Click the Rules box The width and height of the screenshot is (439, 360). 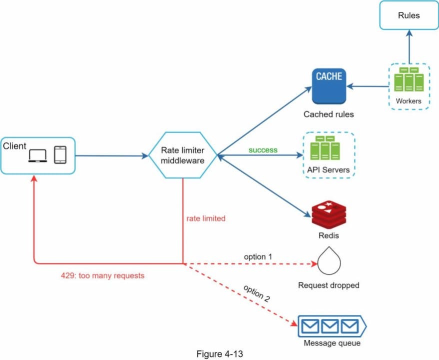(409, 15)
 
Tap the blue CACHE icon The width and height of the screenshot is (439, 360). (329, 86)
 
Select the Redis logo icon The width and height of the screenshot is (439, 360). (329, 215)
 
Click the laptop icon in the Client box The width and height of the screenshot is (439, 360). (38, 155)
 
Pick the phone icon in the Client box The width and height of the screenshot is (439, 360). (60, 155)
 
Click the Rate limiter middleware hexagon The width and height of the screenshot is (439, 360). (183, 155)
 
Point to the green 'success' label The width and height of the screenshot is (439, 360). (263, 150)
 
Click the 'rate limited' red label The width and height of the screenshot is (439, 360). (206, 218)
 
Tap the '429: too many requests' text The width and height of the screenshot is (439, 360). (102, 275)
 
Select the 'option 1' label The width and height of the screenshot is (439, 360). (258, 256)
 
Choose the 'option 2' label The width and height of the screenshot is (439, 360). (256, 293)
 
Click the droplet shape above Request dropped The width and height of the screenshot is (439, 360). (329, 260)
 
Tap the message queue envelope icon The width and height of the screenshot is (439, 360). (332, 326)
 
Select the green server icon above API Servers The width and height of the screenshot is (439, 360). (325, 148)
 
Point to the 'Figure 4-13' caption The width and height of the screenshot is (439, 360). (219, 354)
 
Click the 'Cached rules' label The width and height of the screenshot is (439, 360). (328, 114)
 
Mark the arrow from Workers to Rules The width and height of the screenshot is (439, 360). (409, 46)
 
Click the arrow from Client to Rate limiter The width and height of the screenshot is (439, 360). (112, 155)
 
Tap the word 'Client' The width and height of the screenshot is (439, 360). (14, 146)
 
